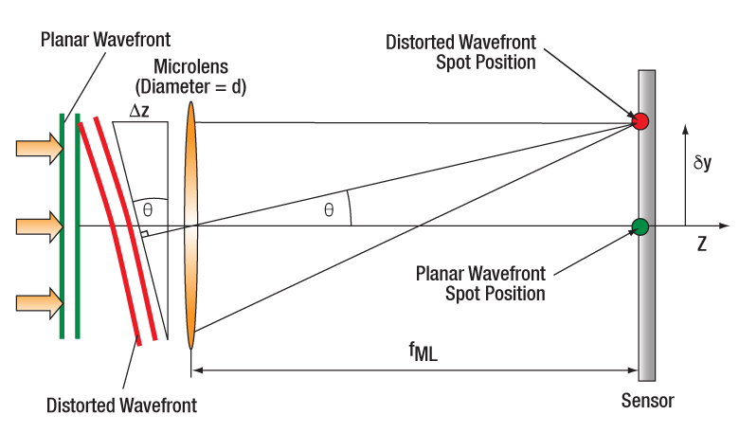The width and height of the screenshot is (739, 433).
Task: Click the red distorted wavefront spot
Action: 640,121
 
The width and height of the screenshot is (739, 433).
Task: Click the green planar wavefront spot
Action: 640,226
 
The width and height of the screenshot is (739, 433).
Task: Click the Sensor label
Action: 648,400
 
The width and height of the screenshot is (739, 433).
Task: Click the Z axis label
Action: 702,244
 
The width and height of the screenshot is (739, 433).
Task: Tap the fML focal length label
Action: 423,352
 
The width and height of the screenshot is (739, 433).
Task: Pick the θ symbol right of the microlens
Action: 329,210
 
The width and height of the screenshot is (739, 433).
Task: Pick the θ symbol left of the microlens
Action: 148,208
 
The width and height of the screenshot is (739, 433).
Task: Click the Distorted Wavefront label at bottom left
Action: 121,406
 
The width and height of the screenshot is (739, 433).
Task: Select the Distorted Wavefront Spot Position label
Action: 461,52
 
